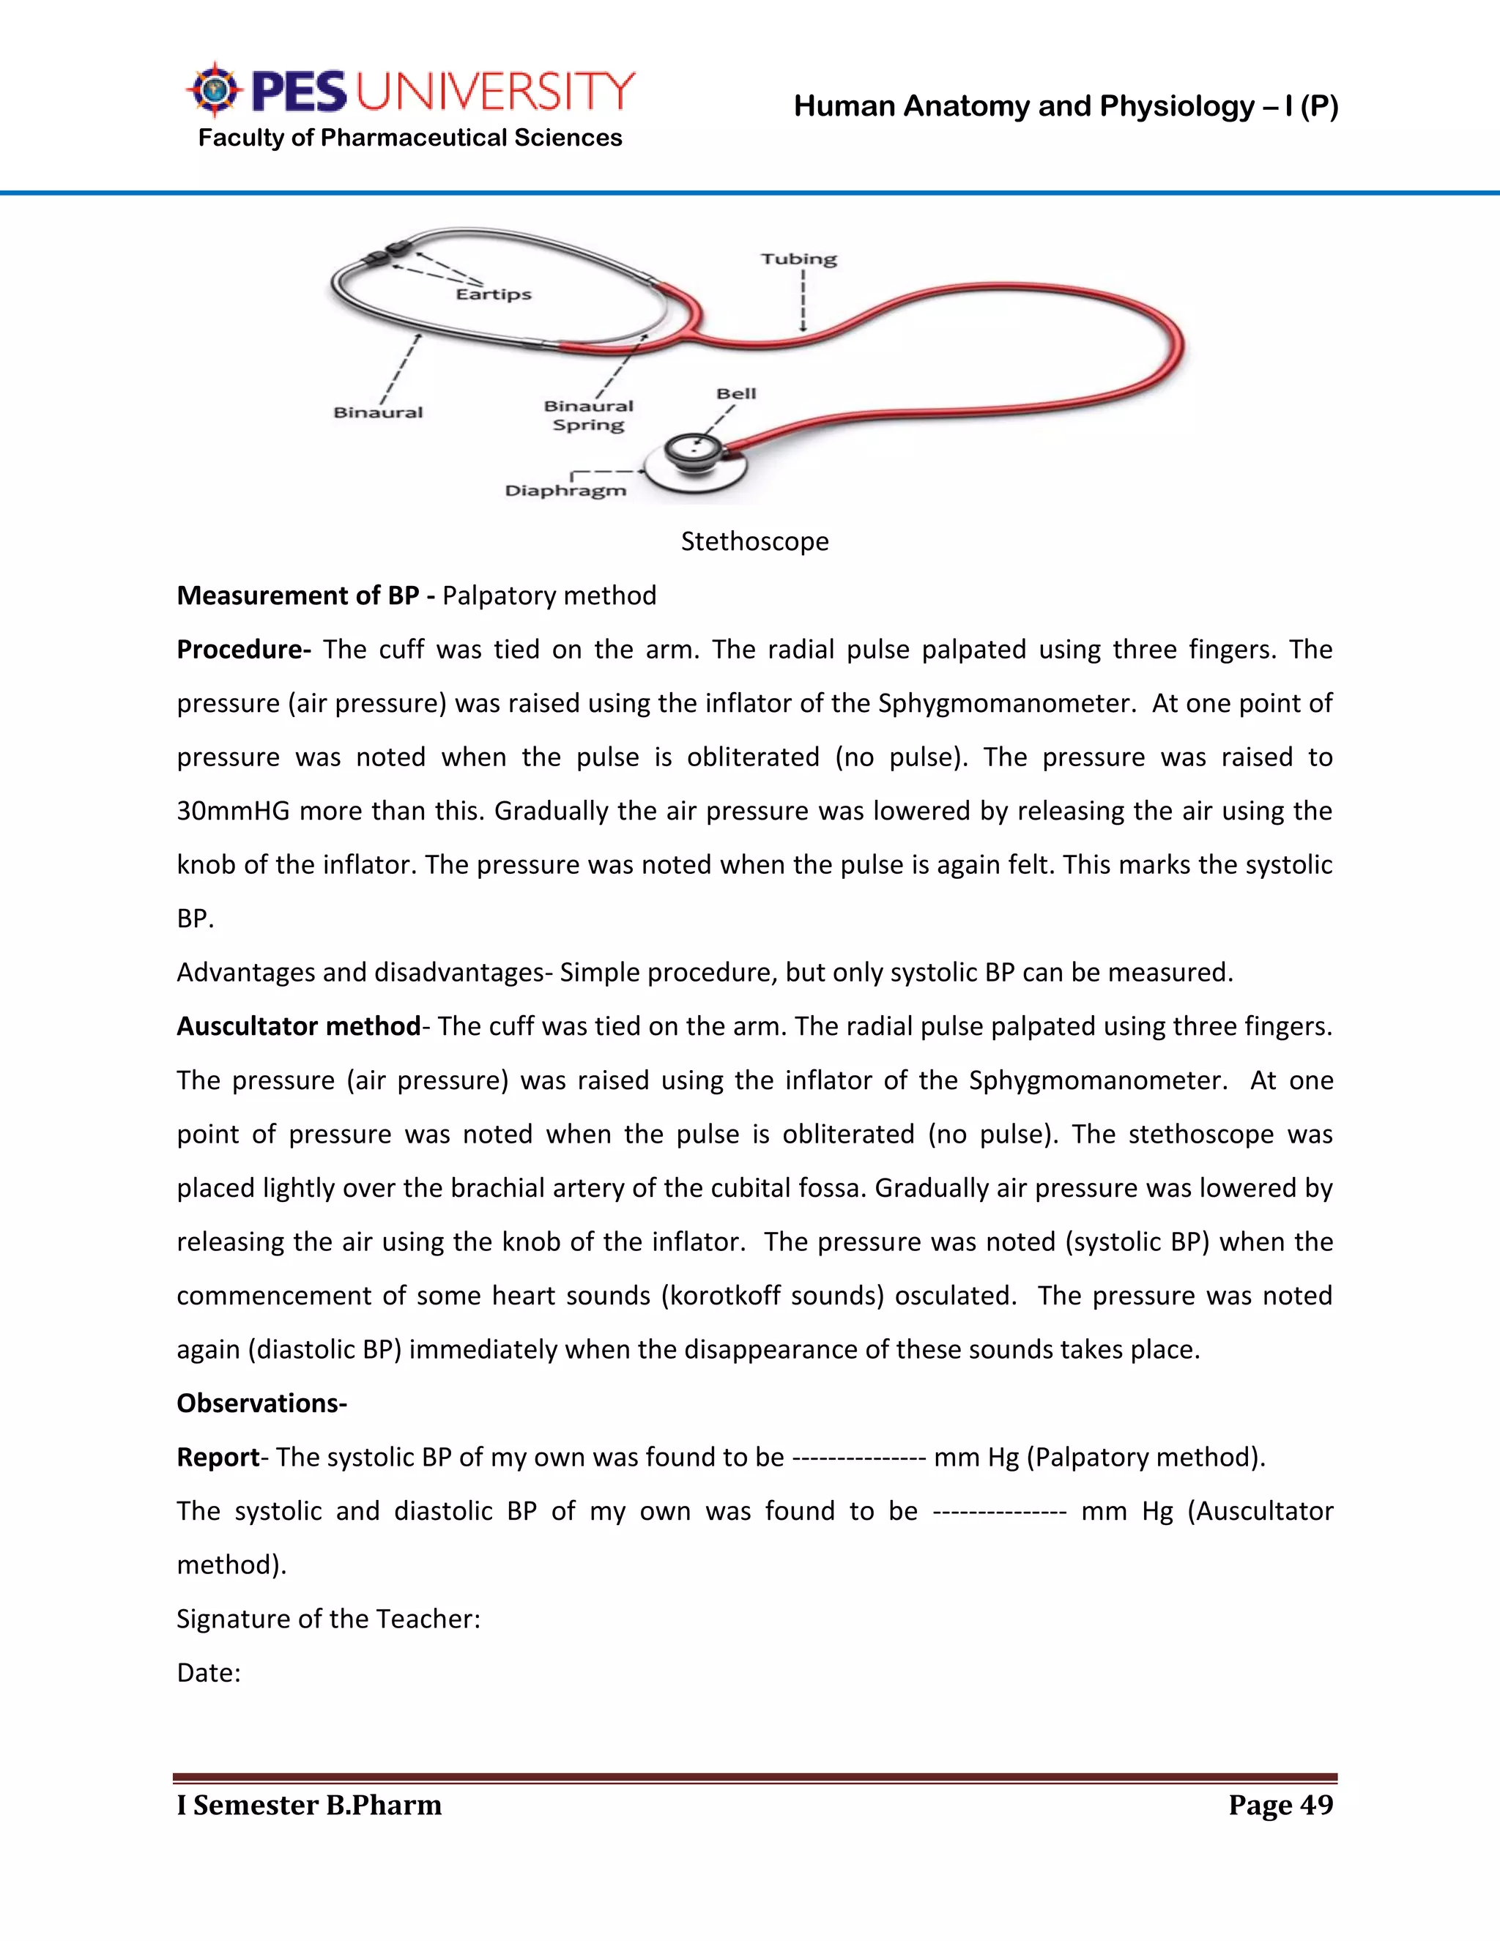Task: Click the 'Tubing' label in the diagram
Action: pos(798,259)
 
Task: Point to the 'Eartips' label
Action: pos(493,294)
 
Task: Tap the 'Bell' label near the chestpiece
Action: pos(736,394)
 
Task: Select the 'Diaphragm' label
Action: pos(565,491)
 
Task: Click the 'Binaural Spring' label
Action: pos(588,415)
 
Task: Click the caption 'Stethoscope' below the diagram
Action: pos(754,541)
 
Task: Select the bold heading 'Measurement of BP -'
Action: pos(305,595)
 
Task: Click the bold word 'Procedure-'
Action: pos(243,650)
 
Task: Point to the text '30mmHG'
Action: pos(233,812)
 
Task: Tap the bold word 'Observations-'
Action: pos(261,1403)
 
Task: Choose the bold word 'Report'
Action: pos(218,1458)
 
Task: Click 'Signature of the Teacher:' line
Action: pos(328,1619)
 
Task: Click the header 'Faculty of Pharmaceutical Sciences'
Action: pos(409,138)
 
